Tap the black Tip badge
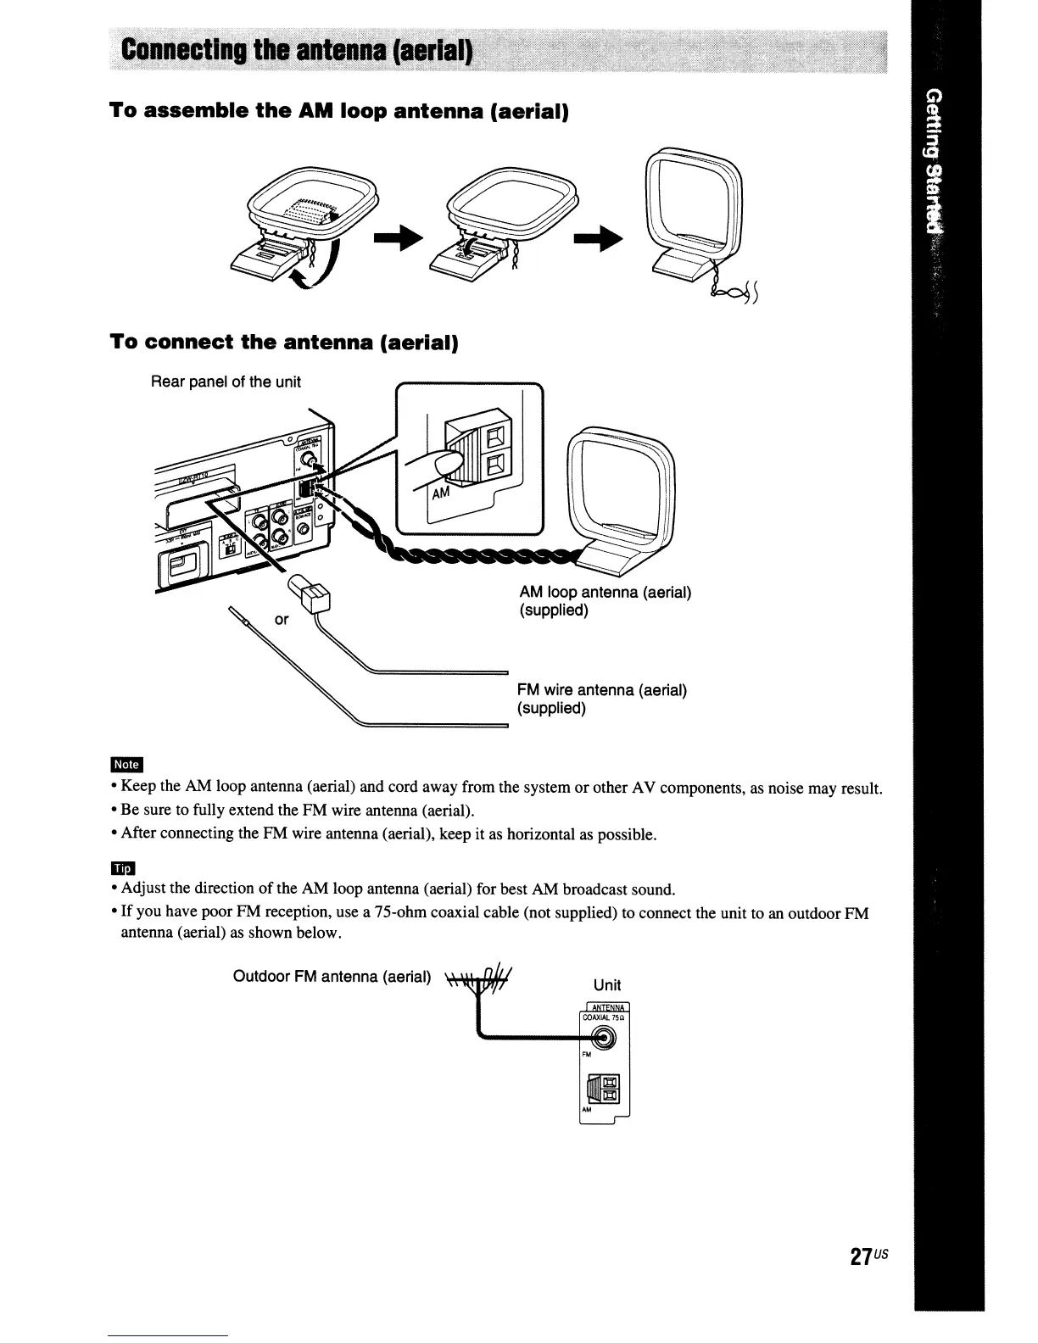[x=124, y=867]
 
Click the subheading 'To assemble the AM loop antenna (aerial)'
[x=338, y=111]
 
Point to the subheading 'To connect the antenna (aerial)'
[x=283, y=343]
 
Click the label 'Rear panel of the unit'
[x=226, y=382]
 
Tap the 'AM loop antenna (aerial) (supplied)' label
[x=605, y=600]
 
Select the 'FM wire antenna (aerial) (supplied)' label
[x=601, y=699]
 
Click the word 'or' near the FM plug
[x=282, y=620]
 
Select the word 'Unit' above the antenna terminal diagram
[x=606, y=984]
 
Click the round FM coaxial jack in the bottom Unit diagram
[x=604, y=1038]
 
